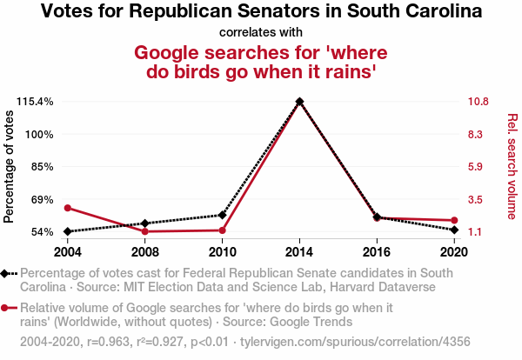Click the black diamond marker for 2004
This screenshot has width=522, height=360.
point(68,231)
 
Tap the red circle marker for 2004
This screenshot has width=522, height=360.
point(68,208)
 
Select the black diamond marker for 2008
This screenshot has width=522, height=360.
point(145,223)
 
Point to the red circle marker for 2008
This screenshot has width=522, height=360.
point(145,231)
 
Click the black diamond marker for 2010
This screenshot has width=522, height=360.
point(223,215)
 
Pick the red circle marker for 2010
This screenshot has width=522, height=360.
point(223,230)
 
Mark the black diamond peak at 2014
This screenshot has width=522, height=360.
point(299,102)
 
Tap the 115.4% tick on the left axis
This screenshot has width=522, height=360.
point(36,102)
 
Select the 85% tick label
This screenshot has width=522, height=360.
point(41,166)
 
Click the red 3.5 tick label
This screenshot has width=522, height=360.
point(474,199)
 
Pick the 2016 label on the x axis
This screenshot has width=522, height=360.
point(377,252)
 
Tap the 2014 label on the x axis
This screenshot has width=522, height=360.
point(299,252)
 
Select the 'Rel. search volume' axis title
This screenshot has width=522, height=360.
point(512,166)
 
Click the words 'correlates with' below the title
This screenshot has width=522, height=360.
point(261,31)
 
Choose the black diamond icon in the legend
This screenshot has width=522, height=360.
point(5,273)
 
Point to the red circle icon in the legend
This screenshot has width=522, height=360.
point(5,308)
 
